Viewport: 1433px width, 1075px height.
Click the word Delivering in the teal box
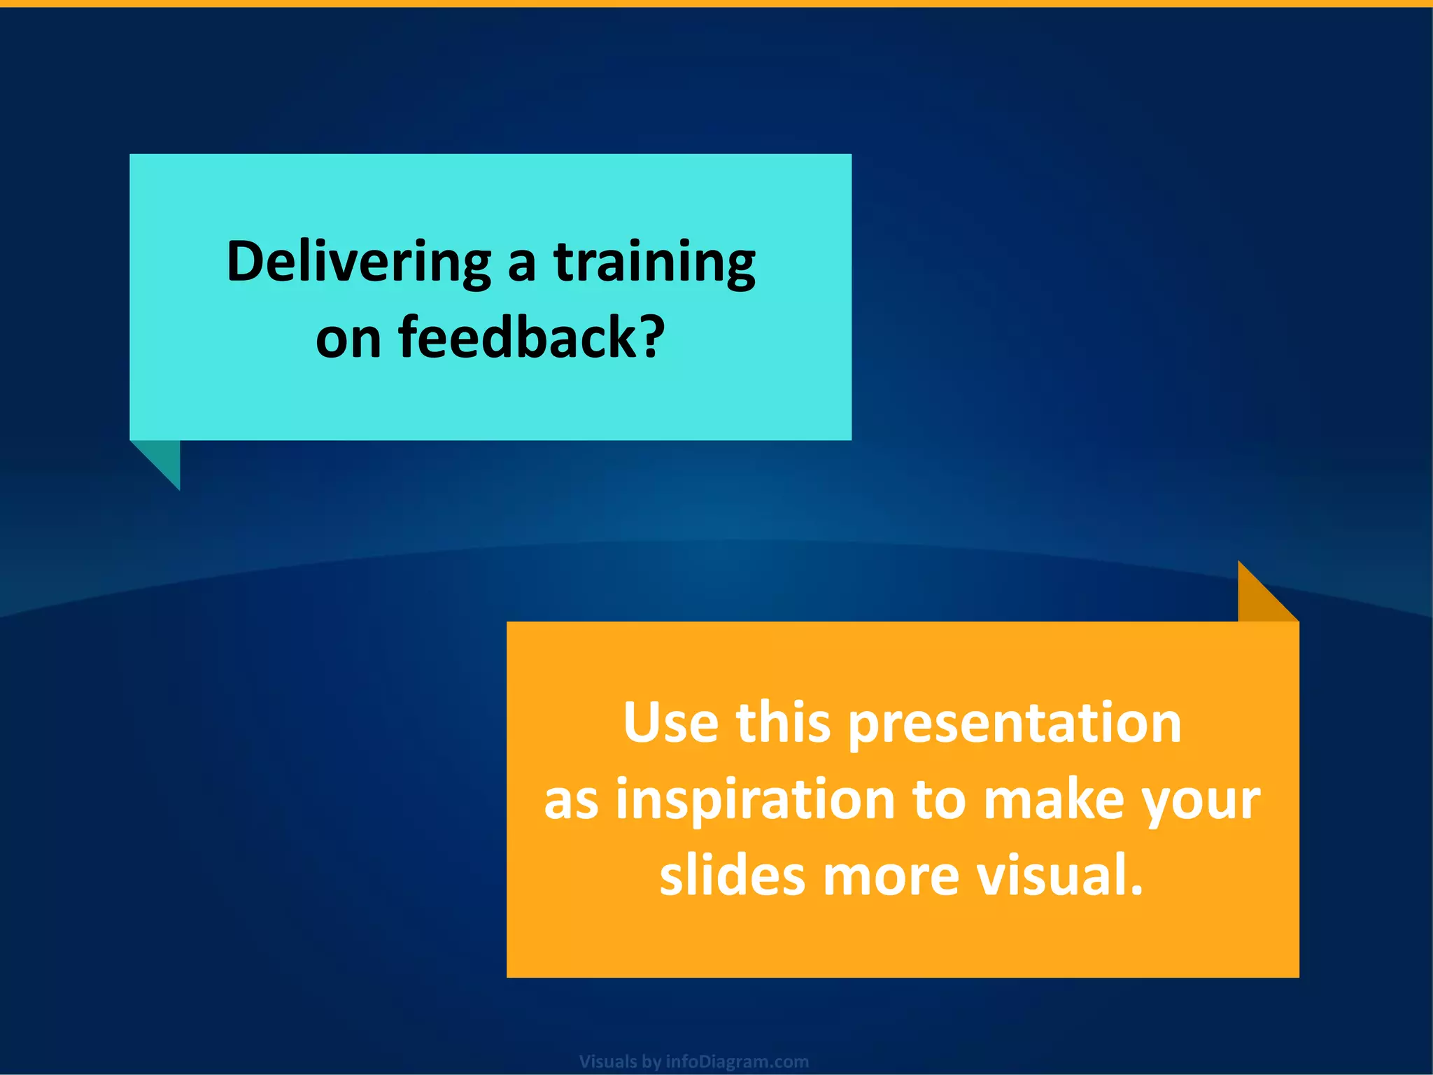pyautogui.click(x=358, y=262)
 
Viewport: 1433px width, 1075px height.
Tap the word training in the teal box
pyautogui.click(x=655, y=262)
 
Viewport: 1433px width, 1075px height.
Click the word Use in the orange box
pyautogui.click(x=670, y=723)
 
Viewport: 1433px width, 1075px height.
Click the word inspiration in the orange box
pyautogui.click(x=756, y=800)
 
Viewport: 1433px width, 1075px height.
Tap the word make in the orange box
pyautogui.click(x=1054, y=800)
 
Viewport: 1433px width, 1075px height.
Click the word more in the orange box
pyautogui.click(x=891, y=877)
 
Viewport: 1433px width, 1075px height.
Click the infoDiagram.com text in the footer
pyautogui.click(x=737, y=1062)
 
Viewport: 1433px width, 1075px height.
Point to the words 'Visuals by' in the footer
pyautogui.click(x=620, y=1062)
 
